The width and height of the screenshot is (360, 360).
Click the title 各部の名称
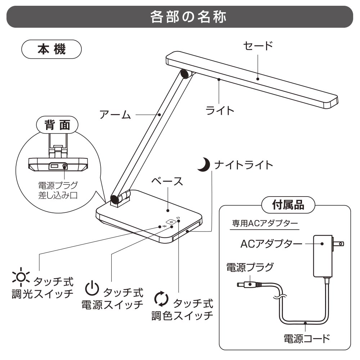(180, 17)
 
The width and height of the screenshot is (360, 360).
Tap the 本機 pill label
(52, 50)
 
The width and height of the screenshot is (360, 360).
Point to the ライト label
(220, 110)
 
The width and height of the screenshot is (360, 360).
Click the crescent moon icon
(204, 165)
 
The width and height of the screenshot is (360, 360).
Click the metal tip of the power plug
(240, 284)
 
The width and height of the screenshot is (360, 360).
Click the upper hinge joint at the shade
(186, 74)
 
